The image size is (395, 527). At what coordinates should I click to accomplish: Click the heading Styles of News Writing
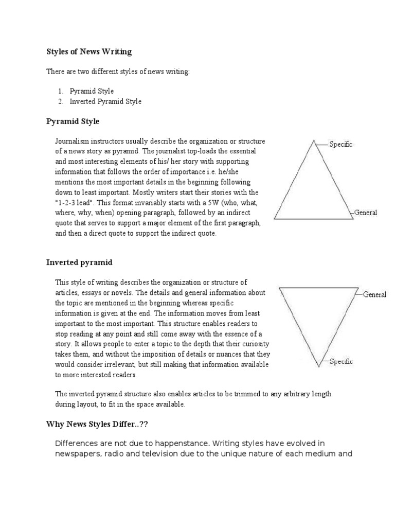[89, 51]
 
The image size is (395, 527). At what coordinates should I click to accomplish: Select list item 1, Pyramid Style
[92, 91]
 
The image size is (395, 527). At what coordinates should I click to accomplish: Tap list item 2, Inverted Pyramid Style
[105, 101]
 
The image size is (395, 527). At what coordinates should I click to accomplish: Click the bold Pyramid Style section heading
[73, 121]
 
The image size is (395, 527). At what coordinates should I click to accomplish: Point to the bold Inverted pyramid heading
[79, 262]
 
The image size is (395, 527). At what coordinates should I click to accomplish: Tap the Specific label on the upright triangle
[340, 145]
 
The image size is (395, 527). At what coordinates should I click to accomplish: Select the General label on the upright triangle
[366, 213]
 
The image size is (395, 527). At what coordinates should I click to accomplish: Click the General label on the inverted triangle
[374, 295]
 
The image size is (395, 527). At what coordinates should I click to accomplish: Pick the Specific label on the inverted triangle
[340, 362]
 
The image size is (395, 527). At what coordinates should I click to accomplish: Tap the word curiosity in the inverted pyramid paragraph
[251, 343]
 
